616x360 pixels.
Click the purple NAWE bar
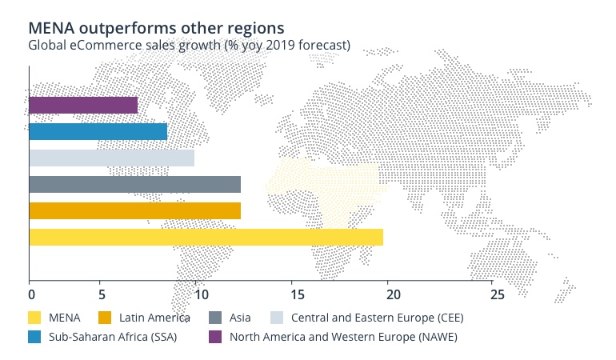point(83,105)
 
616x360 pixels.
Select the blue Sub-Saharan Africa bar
point(98,131)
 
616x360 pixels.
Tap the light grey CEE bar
point(111,158)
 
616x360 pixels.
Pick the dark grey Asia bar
point(134,184)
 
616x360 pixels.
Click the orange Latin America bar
point(134,210)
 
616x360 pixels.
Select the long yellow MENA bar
point(206,237)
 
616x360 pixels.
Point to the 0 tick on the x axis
point(30,294)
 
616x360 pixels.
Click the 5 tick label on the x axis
point(101,294)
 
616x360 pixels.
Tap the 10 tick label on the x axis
point(195,294)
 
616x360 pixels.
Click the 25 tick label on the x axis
point(497,294)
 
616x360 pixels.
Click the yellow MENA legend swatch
point(35,318)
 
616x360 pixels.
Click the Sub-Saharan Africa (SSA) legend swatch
point(35,337)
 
